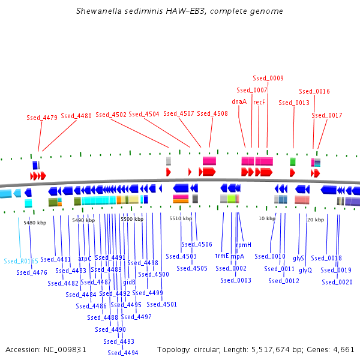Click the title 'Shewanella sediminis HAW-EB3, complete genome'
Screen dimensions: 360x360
point(179,11)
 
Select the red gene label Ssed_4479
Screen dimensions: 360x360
point(42,118)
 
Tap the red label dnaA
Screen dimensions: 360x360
point(239,101)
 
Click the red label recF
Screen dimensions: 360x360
point(259,102)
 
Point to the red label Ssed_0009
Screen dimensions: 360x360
point(268,78)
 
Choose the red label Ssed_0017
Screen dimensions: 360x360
point(327,115)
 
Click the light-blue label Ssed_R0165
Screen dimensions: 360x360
point(21,261)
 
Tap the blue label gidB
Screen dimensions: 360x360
point(129,281)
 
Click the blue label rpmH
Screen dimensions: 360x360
point(244,245)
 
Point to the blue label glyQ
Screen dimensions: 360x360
point(305,270)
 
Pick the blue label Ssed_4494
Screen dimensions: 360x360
point(123,353)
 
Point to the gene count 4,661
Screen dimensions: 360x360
point(343,349)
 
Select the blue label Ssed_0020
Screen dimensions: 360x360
point(337,281)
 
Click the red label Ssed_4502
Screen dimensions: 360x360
point(111,114)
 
